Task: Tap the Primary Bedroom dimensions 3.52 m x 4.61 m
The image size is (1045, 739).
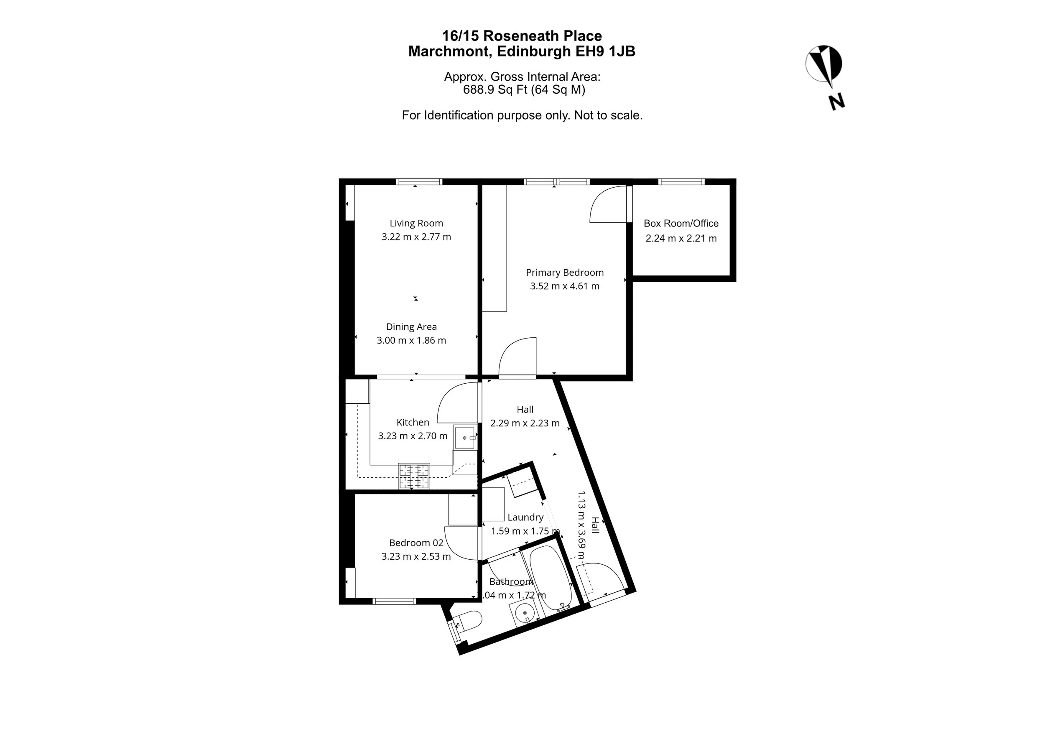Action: click(x=564, y=286)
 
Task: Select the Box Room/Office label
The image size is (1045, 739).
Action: click(x=681, y=224)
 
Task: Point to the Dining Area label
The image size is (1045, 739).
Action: click(x=411, y=327)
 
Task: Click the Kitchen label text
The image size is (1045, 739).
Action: click(x=412, y=422)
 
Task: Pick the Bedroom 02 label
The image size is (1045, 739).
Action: click(x=416, y=543)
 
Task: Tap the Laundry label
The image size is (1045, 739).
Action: click(x=525, y=517)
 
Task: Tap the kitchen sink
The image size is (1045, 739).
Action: click(x=465, y=437)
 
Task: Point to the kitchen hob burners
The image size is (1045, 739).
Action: click(x=414, y=476)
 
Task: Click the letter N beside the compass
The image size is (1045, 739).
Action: click(x=836, y=102)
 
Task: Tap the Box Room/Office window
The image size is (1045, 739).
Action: click(x=681, y=181)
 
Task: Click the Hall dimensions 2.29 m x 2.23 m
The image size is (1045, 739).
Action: click(x=525, y=423)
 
